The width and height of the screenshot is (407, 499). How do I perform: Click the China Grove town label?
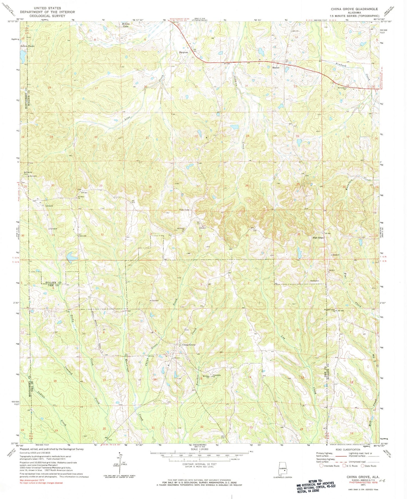coord(189,345)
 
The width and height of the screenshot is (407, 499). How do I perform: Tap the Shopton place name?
coord(183,52)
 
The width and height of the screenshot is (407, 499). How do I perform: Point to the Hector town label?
coord(276,68)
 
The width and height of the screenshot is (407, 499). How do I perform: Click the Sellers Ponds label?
coord(27,46)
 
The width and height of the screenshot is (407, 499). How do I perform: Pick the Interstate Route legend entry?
coord(329,466)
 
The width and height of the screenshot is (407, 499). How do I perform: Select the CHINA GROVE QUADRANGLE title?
coord(354,9)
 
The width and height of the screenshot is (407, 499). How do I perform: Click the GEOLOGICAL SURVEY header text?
coord(47,16)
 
